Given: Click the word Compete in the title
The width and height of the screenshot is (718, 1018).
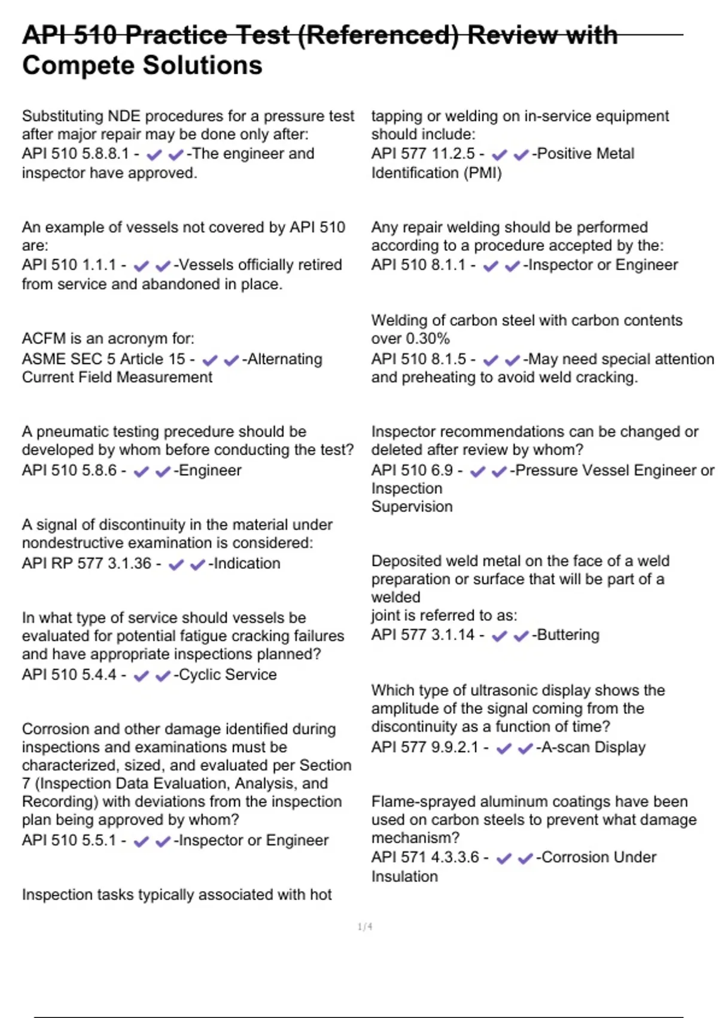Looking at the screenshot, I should coord(66,65).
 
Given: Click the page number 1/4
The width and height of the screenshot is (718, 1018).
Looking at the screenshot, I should coord(365,927).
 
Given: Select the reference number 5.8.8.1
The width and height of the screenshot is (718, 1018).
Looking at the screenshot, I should coord(105,154).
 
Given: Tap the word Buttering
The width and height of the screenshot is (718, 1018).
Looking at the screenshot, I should coord(568,635).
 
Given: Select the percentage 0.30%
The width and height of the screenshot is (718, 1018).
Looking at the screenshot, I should coord(427,339).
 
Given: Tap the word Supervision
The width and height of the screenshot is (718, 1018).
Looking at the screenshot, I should coord(412,507).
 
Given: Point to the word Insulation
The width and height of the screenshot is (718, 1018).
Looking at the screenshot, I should coord(404,877).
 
